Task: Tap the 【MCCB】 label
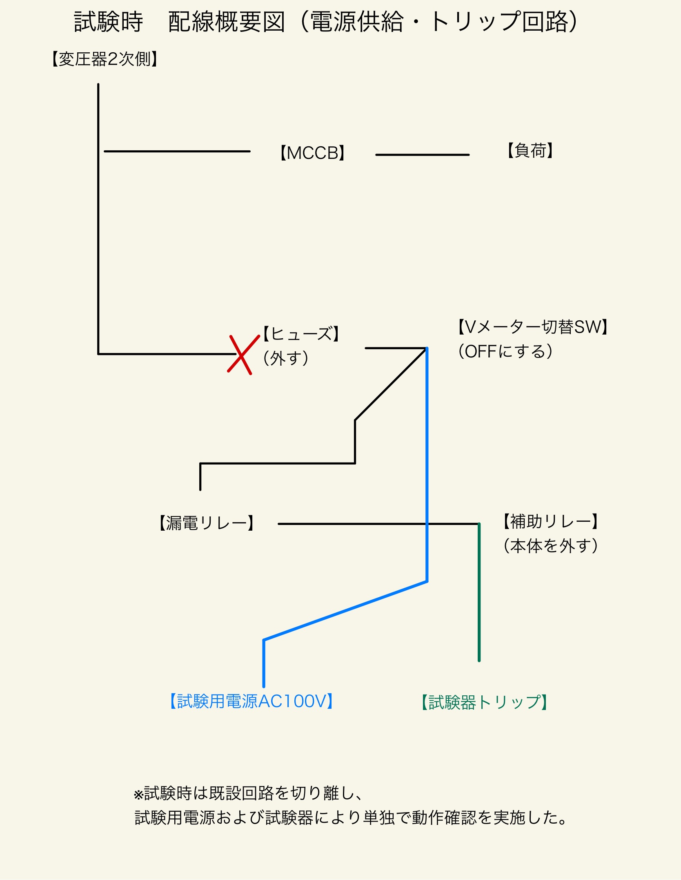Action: tap(313, 153)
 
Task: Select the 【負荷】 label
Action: tap(530, 151)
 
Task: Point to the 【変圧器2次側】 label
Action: tap(105, 59)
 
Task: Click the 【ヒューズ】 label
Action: tap(301, 334)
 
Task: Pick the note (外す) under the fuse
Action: tap(285, 358)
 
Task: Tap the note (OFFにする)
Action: tap(505, 351)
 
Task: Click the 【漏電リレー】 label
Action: tap(206, 523)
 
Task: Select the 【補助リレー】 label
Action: tap(550, 522)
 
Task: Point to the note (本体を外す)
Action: tap(550, 546)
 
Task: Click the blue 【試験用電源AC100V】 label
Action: tap(251, 701)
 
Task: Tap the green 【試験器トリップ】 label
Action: tap(484, 702)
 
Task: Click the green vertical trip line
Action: tap(479, 592)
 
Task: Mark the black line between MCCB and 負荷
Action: tap(422, 155)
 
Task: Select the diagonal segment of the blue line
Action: tap(345, 610)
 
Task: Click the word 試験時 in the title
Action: tap(109, 22)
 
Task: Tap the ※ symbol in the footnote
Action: tap(138, 795)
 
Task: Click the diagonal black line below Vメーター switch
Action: tap(390, 384)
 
